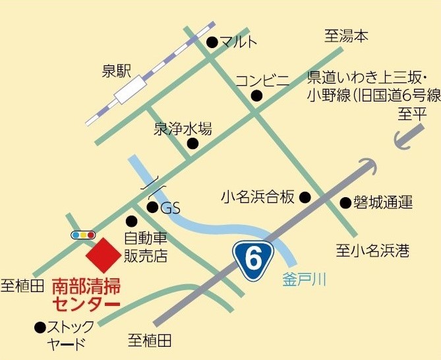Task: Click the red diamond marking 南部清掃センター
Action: pos(102,255)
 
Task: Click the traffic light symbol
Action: pos(83,234)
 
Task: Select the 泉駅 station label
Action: pos(119,71)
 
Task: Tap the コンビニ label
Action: pos(262,81)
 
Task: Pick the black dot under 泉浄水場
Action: pos(192,142)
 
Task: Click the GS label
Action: pos(170,208)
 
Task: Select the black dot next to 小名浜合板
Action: pos(305,196)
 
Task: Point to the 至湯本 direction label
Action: pos(346,36)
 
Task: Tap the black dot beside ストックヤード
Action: pos(40,326)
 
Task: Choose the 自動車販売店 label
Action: pos(146,246)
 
